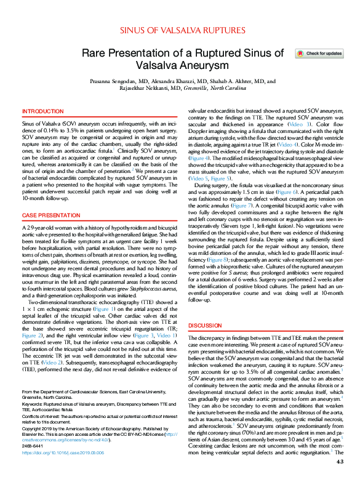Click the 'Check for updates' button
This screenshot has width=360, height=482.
pos(320,54)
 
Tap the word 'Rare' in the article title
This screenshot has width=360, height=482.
pos(95,54)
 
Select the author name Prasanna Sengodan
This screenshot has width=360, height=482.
pos(114,81)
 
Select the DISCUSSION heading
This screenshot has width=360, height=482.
pos(206,324)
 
